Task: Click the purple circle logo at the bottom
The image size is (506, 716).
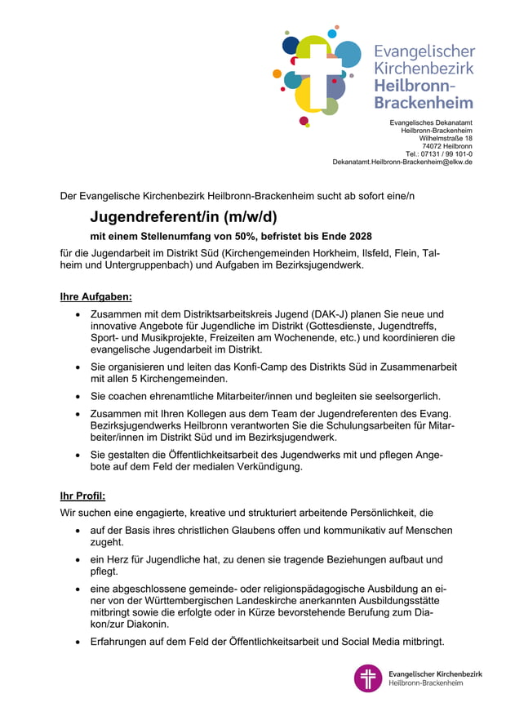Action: pos(368,678)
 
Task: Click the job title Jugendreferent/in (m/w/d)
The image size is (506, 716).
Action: pos(184,217)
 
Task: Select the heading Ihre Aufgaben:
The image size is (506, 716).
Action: pos(96,296)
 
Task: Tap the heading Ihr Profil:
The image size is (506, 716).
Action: pos(82,496)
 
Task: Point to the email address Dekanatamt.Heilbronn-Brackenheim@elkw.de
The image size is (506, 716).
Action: pos(402,162)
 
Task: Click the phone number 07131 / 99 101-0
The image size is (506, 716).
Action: pos(446,153)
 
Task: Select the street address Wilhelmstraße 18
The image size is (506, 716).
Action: pos(446,138)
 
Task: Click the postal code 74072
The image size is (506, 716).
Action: pos(433,146)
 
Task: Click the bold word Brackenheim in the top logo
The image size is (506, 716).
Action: pos(424,102)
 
